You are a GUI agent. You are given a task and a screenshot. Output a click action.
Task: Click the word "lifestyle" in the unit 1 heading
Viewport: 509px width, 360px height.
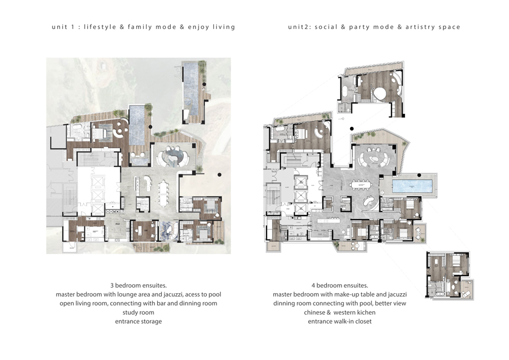(100, 27)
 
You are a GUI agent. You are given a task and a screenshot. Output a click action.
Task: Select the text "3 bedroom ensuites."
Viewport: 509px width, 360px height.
(139, 286)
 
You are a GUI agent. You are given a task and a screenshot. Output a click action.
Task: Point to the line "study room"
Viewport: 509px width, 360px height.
(139, 312)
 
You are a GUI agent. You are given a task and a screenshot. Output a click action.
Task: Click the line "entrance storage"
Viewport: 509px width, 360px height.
(139, 322)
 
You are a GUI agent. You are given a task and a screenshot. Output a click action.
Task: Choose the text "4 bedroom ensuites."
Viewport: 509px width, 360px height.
(339, 286)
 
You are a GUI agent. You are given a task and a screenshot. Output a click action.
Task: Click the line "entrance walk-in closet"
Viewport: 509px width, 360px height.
(339, 322)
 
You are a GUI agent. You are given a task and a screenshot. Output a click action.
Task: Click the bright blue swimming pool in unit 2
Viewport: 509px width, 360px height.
(413, 186)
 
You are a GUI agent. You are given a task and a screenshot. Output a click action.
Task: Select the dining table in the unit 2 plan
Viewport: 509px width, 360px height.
(361, 185)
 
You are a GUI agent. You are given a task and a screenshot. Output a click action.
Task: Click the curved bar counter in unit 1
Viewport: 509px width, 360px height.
(148, 183)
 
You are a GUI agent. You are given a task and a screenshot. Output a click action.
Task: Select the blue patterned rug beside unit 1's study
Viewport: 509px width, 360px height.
(168, 231)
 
